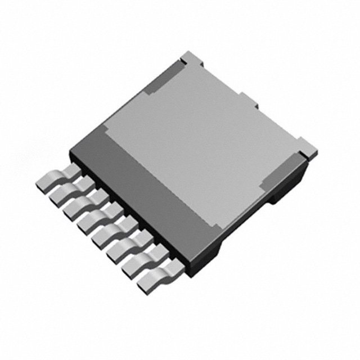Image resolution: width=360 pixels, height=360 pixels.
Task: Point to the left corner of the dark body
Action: [x=72, y=153]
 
